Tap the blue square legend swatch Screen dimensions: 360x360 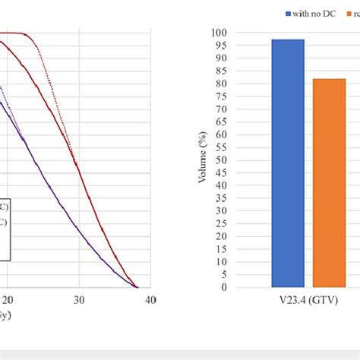[288, 14]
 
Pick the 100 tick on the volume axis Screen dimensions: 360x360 [220, 33]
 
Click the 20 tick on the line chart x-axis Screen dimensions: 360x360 [8, 300]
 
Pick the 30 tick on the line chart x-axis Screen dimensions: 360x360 [79, 300]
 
